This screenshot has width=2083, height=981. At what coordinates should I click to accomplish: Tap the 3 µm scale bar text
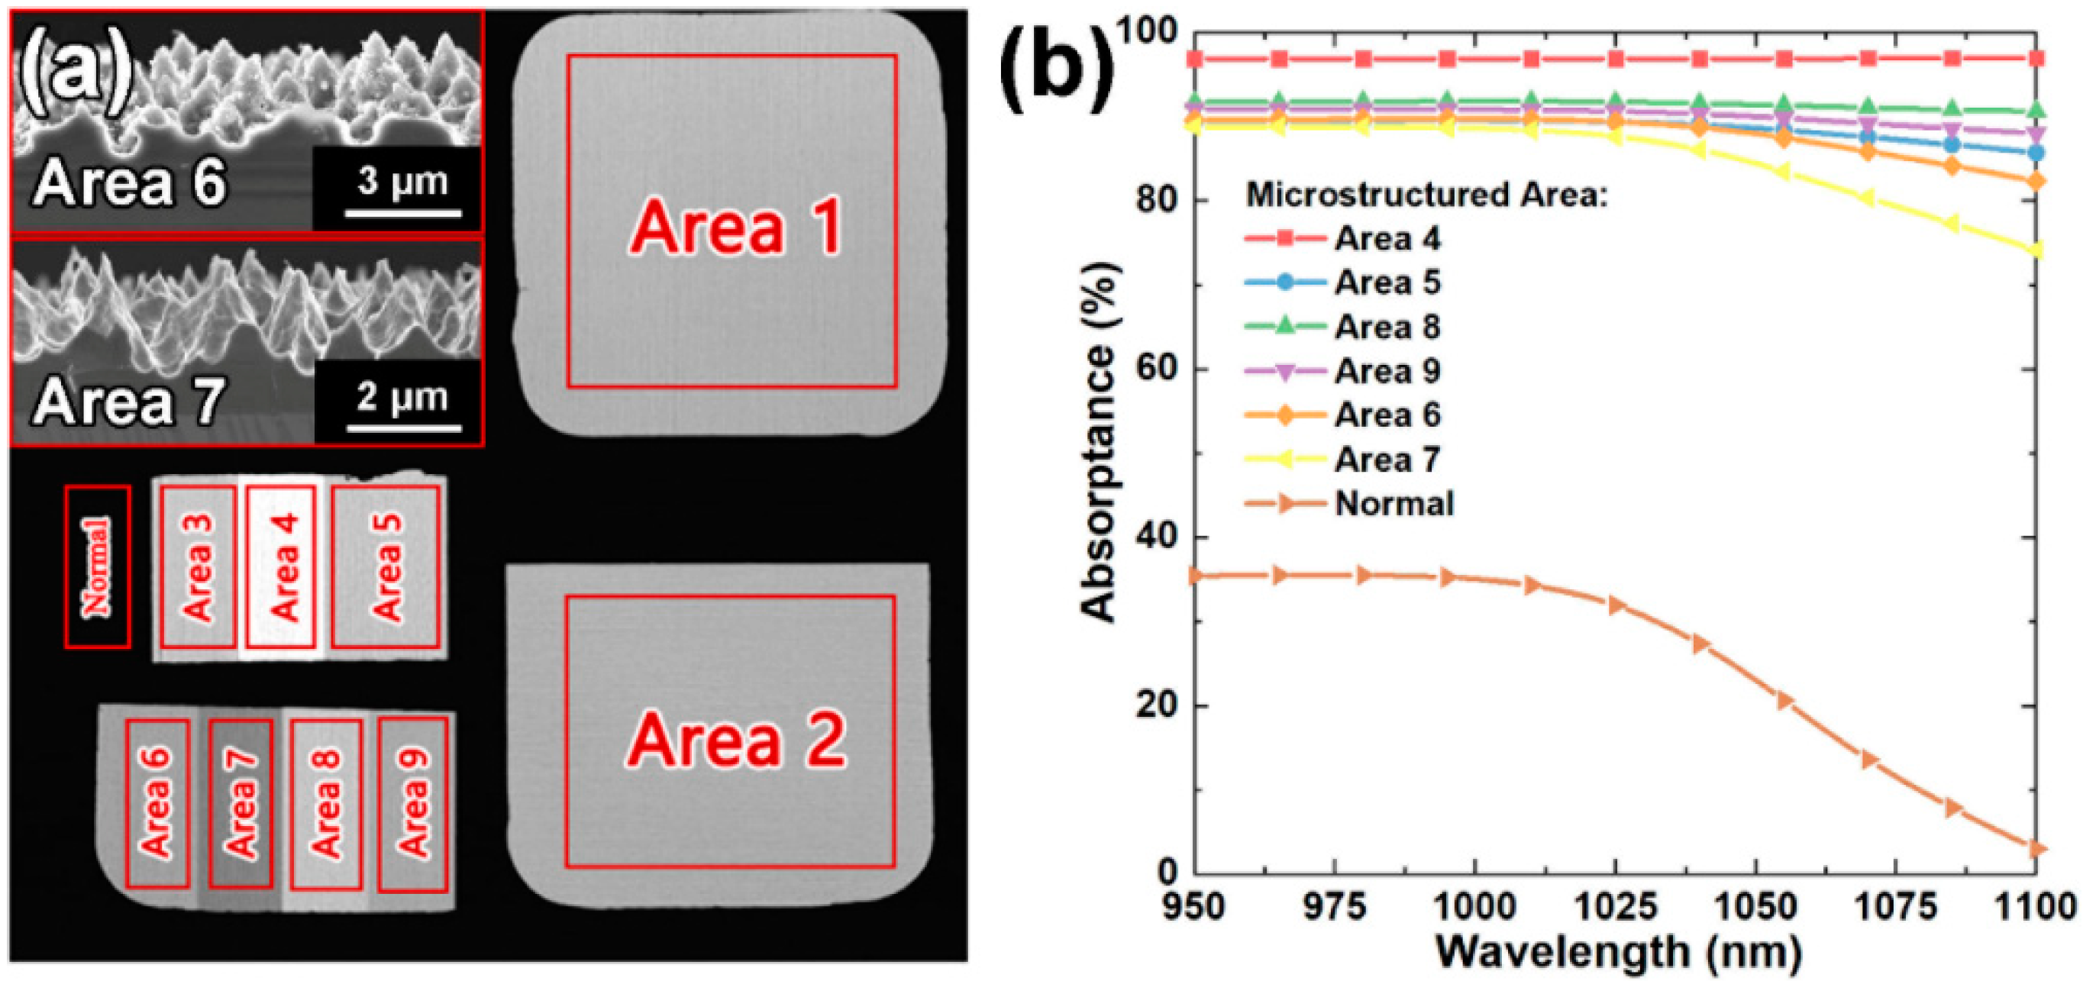click(x=402, y=180)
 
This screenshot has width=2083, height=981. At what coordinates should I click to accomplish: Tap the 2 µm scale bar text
click(x=402, y=396)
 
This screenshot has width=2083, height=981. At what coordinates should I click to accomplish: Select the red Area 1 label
click(x=735, y=228)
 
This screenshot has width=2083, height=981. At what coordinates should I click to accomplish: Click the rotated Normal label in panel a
click(x=97, y=567)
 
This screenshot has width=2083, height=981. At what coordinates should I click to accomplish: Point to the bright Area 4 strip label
click(x=283, y=567)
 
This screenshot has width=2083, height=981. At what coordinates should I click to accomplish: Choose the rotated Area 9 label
click(x=413, y=803)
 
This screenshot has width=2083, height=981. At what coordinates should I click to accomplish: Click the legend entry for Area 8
click(x=1387, y=327)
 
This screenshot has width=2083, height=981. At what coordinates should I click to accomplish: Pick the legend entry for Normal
click(x=1394, y=504)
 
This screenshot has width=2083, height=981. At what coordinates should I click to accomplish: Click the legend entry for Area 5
click(x=1387, y=282)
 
